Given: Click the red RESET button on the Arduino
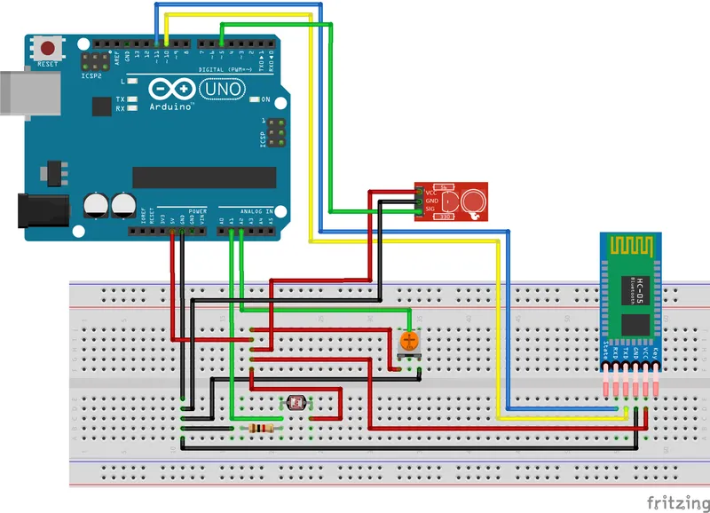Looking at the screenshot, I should (48, 47).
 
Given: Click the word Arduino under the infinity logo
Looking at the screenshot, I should (173, 107).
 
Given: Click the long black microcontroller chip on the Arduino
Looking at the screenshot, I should (203, 176).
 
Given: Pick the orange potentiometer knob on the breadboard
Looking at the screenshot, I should (408, 340).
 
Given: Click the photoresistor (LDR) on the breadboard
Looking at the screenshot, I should (296, 404).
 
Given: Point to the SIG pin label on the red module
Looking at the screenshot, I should (432, 209).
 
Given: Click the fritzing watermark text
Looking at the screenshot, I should (676, 502).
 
